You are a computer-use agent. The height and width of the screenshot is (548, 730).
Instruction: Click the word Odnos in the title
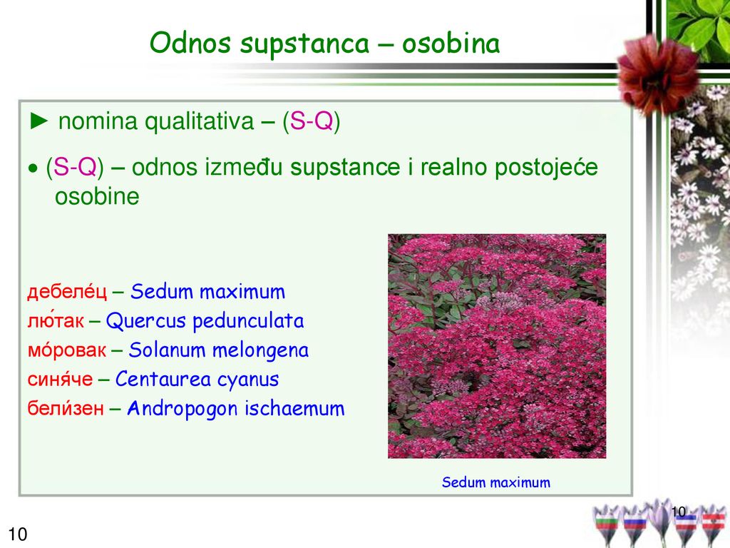click(190, 43)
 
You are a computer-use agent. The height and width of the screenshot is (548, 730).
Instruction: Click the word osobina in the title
click(451, 43)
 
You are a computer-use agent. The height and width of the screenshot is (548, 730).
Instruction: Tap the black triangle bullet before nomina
click(38, 121)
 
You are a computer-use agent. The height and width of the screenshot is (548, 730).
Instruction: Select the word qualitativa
click(200, 122)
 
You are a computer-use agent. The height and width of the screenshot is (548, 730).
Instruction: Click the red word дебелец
click(67, 292)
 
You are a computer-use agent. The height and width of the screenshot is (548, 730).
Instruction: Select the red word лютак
click(56, 320)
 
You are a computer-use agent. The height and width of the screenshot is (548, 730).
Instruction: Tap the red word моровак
click(66, 350)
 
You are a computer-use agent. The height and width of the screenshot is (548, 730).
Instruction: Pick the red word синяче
click(60, 379)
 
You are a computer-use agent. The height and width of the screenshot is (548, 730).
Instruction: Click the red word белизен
click(66, 408)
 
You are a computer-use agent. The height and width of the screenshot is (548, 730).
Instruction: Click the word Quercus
click(145, 321)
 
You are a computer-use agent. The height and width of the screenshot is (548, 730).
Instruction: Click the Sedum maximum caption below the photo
click(496, 482)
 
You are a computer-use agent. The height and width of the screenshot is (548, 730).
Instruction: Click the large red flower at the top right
click(657, 74)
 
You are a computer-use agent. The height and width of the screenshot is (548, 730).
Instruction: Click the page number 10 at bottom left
click(18, 534)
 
